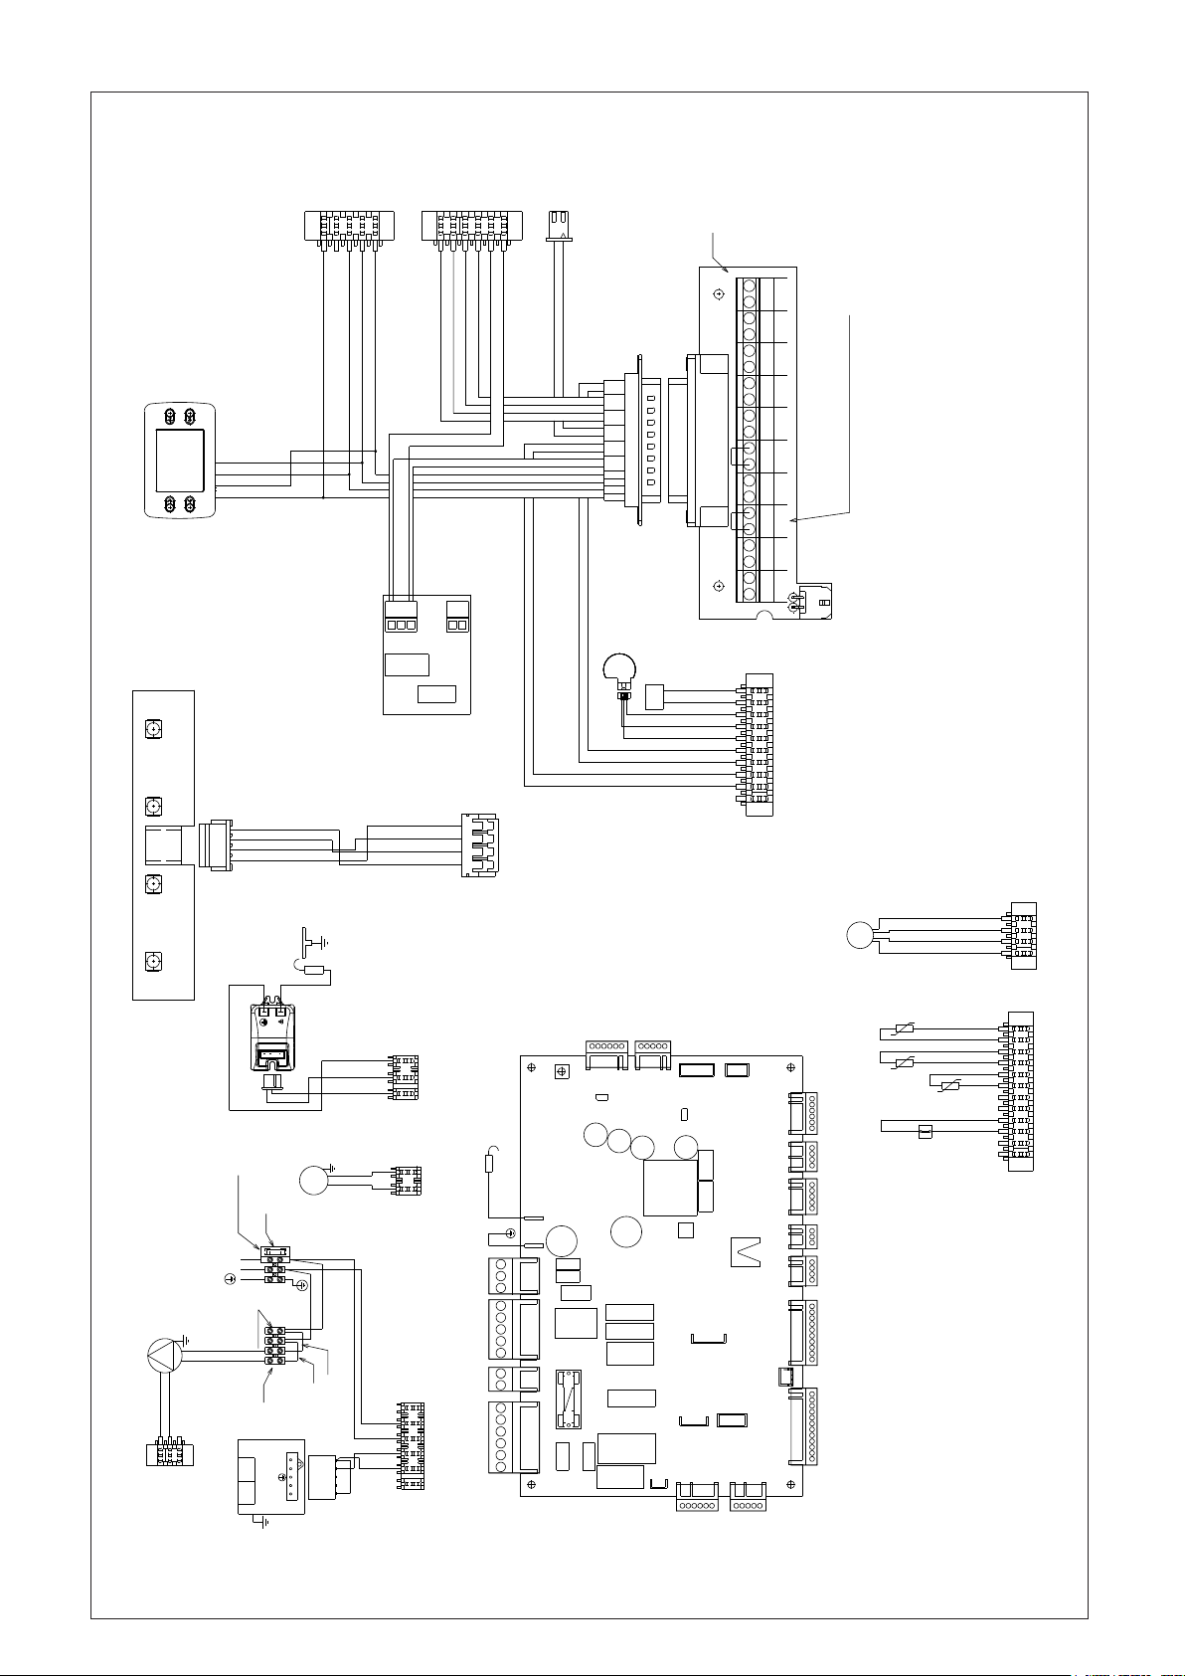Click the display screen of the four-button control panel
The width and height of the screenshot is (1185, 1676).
[180, 462]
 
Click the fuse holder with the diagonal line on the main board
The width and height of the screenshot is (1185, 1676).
[568, 1398]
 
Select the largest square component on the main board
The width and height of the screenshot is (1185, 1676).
[670, 1188]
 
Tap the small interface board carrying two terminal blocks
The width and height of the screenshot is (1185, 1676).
[426, 654]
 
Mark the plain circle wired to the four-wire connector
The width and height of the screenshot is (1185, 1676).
[860, 935]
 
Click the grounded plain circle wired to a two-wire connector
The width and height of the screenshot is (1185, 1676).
[313, 1182]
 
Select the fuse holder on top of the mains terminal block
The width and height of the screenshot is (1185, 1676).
[274, 1252]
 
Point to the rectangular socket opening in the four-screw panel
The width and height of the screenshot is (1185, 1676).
[164, 845]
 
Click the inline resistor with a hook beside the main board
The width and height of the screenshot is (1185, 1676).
[488, 1166]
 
